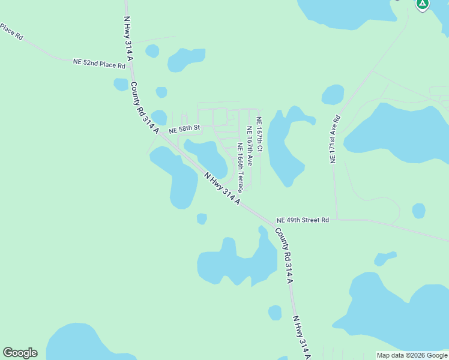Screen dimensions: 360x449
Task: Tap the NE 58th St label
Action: (x=183, y=130)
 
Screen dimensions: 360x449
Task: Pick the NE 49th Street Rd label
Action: (x=303, y=220)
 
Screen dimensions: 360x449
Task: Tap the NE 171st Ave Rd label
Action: (x=335, y=139)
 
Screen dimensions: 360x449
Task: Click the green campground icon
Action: (x=423, y=4)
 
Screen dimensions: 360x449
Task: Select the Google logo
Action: (x=20, y=353)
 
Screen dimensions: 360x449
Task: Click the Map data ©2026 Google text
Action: (x=412, y=355)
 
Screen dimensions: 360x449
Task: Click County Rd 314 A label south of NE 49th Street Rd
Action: (x=284, y=255)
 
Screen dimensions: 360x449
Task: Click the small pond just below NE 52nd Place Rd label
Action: (x=121, y=85)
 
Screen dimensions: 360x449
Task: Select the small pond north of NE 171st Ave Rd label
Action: (x=333, y=95)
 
